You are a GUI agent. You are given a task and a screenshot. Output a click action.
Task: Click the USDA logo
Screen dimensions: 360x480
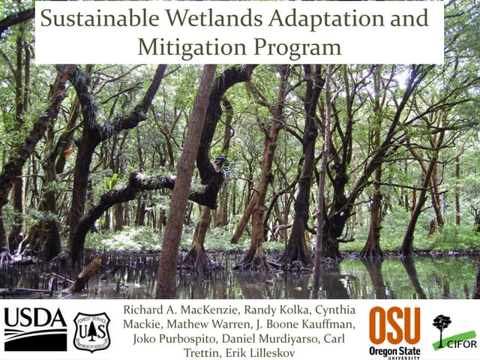pyautogui.click(x=34, y=328)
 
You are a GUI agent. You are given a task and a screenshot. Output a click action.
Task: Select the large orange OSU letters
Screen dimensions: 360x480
pyautogui.click(x=394, y=325)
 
